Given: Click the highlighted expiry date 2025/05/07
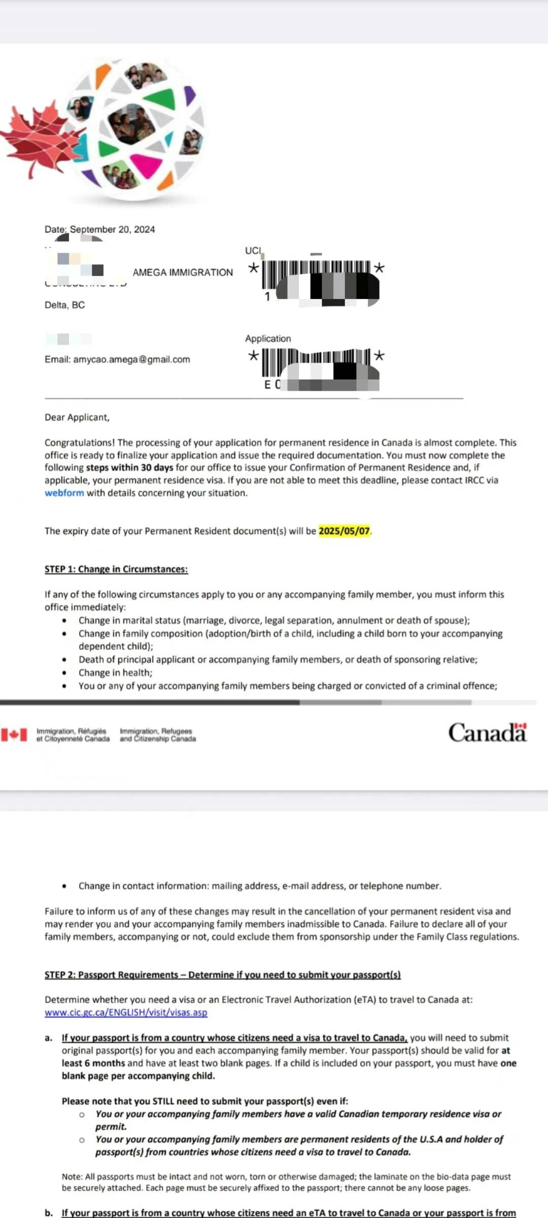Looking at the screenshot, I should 344,531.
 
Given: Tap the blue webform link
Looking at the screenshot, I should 64,493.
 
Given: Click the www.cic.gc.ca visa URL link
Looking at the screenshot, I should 126,1012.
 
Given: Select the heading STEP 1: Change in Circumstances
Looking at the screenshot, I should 116,569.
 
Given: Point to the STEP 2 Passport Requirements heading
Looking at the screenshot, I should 222,975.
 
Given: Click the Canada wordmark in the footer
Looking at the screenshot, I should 487,733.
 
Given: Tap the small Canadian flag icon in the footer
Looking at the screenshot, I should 14,735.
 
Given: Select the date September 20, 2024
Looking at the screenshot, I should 112,229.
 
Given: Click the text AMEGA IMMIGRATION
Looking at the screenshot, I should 183,273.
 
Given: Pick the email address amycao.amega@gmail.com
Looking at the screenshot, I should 131,359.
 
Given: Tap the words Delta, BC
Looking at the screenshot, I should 64,305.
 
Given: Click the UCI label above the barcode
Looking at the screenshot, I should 253,251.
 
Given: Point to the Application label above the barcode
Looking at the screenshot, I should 268,339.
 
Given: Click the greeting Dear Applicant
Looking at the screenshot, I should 77,418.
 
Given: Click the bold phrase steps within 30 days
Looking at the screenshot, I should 129,468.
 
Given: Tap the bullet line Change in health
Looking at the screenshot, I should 115,673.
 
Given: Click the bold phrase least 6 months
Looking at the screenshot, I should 93,1063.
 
